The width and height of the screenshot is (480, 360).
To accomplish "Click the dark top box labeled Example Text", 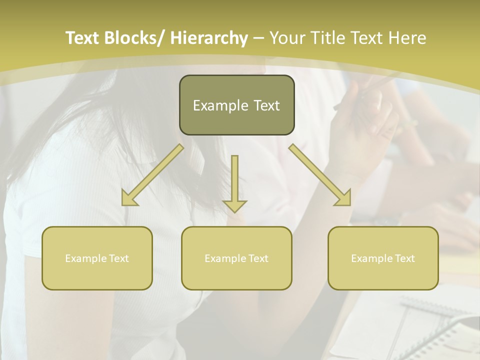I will pos(236,105).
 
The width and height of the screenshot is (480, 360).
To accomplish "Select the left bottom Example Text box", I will pos(97,258).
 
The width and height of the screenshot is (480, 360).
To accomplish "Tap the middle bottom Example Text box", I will pos(236,258).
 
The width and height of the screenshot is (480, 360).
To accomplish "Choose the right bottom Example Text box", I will pos(383,258).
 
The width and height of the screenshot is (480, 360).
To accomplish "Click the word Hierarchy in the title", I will pos(209,38).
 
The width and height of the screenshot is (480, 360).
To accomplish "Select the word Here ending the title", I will pos(409,38).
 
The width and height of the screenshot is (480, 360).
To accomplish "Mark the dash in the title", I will pos(258,38).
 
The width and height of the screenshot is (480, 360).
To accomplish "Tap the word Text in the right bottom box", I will pos(404,258).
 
